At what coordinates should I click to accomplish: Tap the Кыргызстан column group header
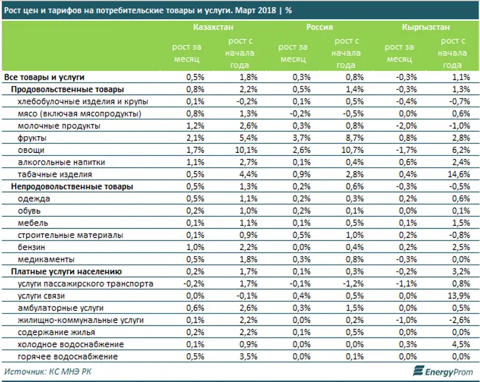point(427,28)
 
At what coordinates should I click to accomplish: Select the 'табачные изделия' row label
point(55,175)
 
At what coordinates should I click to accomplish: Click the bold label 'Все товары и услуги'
point(44,77)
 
